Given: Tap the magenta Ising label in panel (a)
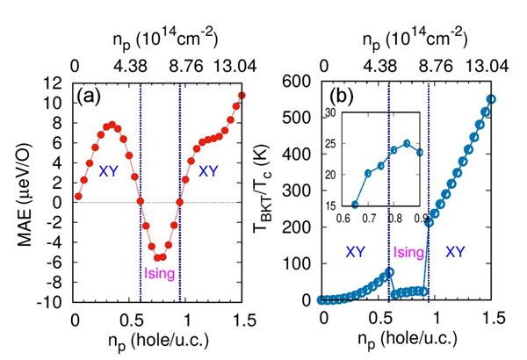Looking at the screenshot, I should [160, 274].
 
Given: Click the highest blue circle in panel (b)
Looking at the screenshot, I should [491, 99].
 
